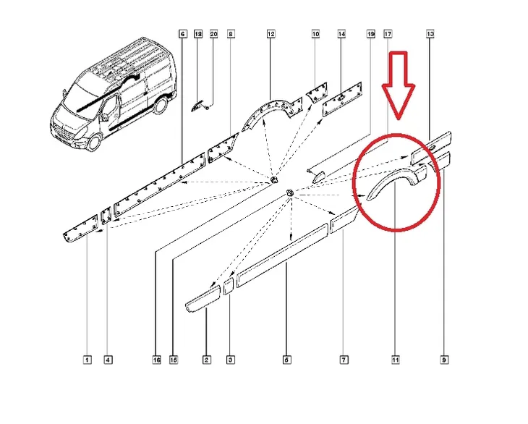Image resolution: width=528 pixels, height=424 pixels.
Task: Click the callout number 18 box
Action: [198, 34]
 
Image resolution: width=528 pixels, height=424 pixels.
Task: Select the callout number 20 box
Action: [214, 34]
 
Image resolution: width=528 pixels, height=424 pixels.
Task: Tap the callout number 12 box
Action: [271, 34]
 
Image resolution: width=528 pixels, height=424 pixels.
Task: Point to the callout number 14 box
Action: [341, 34]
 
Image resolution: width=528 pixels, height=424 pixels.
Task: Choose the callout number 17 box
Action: [388, 34]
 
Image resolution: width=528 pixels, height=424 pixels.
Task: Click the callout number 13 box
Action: [430, 34]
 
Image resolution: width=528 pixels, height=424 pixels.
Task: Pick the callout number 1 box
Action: [88, 360]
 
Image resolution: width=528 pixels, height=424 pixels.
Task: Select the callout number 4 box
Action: [108, 360]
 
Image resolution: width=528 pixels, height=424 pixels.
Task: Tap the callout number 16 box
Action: [156, 360]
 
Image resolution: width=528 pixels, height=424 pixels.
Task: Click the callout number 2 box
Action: [206, 360]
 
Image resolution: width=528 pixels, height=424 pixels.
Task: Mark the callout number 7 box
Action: [344, 360]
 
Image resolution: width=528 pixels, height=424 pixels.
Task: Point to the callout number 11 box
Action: [396, 360]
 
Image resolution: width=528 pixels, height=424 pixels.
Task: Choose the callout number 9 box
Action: [444, 360]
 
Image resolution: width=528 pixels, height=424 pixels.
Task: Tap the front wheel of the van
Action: [94, 142]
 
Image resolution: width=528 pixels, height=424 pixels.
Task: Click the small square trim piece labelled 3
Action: [229, 287]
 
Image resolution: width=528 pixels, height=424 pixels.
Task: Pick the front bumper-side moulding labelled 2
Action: [203, 299]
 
